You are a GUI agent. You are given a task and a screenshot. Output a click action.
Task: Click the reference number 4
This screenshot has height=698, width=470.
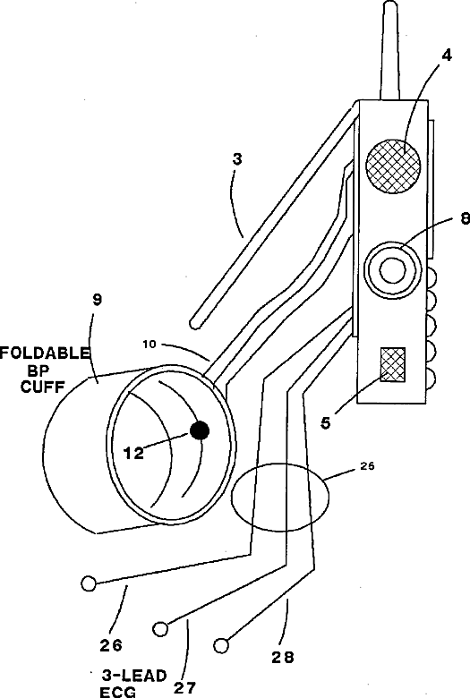447,55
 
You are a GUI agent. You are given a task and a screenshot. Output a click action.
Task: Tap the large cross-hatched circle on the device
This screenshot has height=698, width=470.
393,166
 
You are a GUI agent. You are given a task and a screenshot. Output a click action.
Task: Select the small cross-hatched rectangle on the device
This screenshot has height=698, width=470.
392,364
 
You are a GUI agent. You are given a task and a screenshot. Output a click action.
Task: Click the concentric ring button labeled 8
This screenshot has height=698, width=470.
392,269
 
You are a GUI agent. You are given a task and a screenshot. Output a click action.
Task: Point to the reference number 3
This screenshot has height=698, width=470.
237,159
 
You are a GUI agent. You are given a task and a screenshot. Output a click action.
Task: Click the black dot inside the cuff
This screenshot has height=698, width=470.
200,430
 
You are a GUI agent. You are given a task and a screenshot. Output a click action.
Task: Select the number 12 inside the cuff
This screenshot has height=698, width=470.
133,453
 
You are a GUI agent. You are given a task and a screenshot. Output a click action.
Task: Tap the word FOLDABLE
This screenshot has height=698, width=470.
45,353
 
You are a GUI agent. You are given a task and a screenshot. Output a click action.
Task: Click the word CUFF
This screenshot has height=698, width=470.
43,387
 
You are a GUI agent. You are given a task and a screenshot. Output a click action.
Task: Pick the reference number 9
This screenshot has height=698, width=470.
97,300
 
